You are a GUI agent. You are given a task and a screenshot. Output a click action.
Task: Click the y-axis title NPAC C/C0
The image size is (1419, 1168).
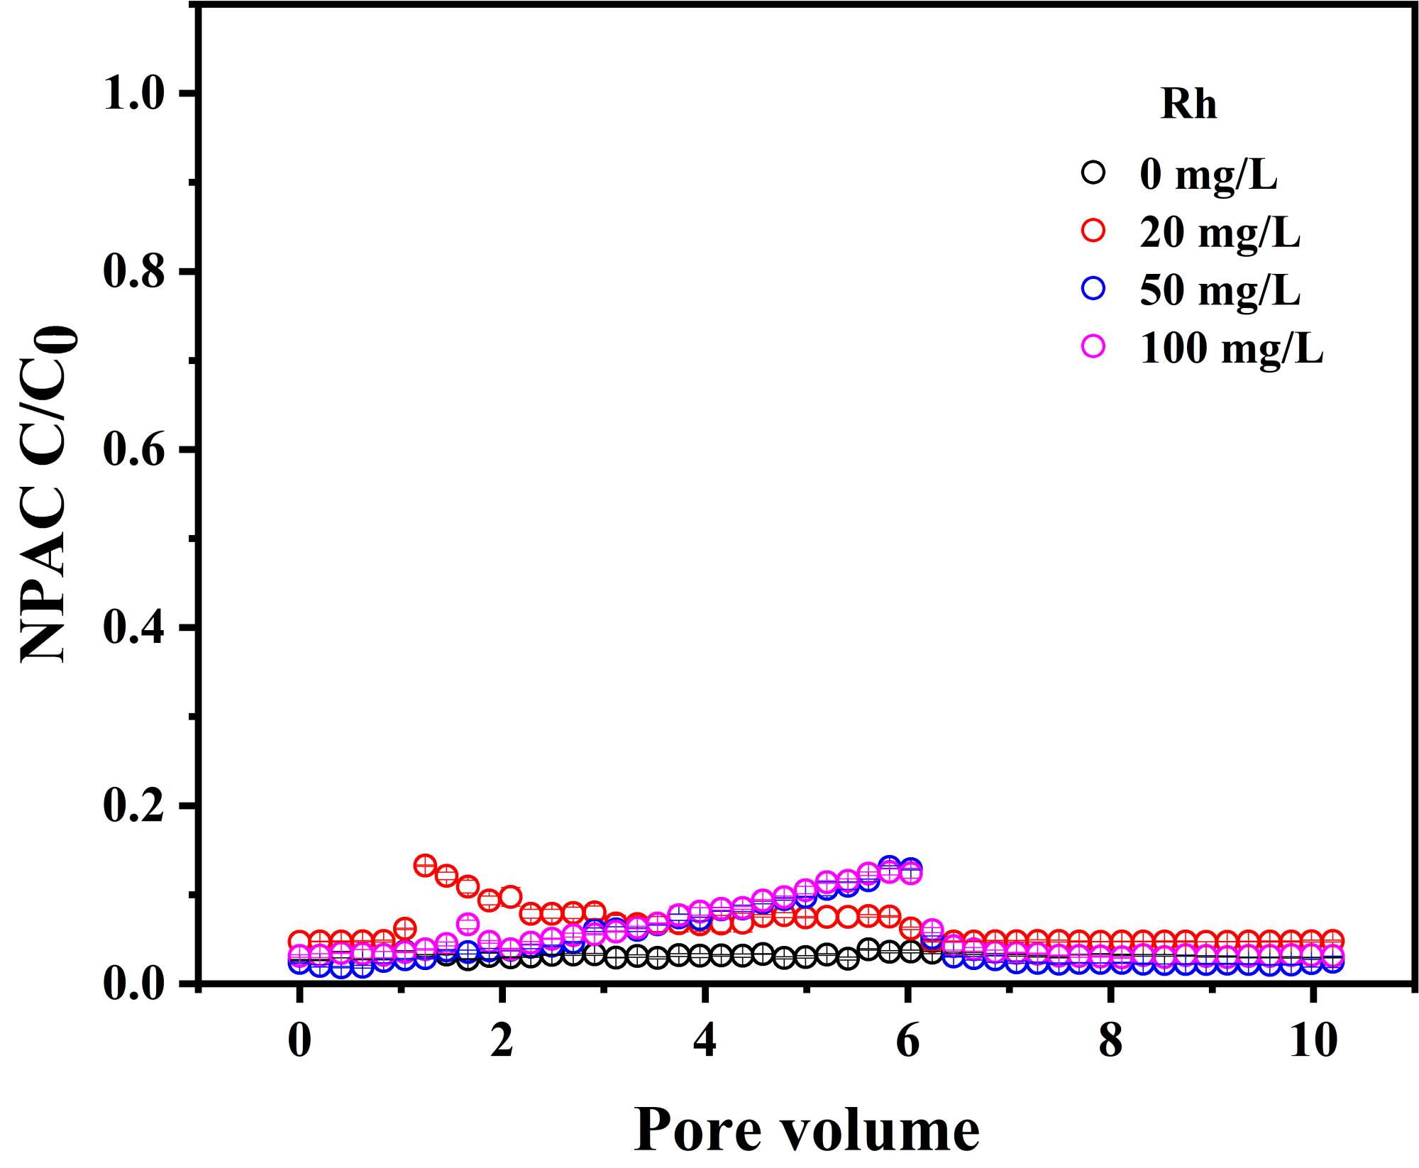click(48, 495)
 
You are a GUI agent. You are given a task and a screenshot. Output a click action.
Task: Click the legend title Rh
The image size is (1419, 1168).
click(1188, 105)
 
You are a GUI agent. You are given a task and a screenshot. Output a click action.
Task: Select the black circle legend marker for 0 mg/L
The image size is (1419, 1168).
click(1094, 173)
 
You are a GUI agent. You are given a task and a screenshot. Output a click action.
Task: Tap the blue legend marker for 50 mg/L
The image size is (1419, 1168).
click(1094, 288)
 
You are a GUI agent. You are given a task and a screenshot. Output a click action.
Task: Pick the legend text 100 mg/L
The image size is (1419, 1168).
click(1231, 348)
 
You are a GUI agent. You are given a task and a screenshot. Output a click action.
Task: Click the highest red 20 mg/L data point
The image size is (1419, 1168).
click(424, 865)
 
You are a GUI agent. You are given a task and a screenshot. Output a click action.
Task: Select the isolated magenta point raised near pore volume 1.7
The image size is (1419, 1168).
click(468, 924)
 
